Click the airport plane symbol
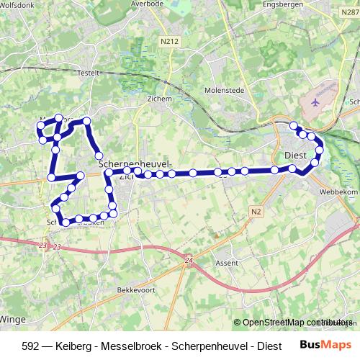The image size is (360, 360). (x=314, y=102)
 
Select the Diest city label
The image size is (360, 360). (x=295, y=155)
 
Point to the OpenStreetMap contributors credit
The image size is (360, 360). (x=295, y=323)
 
